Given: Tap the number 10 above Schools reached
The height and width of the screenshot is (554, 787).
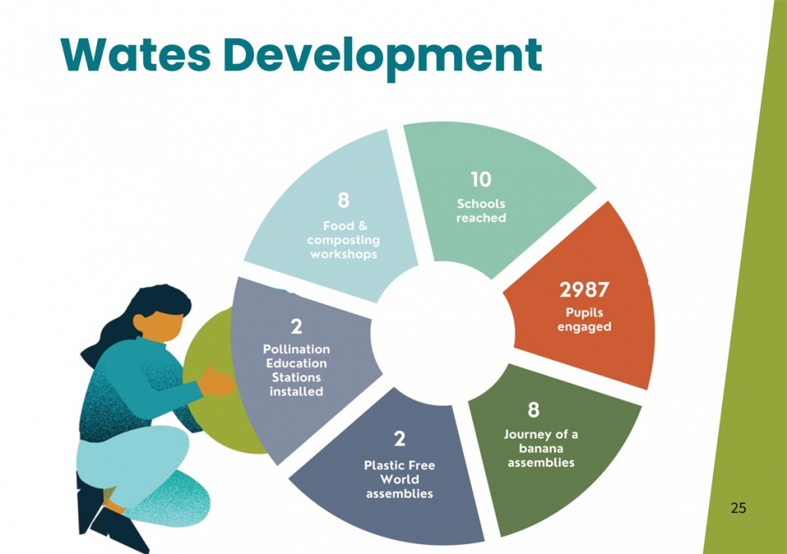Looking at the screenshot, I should pos(481,180).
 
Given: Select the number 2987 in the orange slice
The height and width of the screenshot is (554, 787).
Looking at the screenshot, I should pos(584,290).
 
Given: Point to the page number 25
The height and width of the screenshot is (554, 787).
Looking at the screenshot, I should pos(738,507).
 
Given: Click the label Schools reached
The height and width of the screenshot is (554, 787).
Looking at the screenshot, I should pos(481,211).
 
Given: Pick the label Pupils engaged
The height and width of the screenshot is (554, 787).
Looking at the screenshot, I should pos(585,319).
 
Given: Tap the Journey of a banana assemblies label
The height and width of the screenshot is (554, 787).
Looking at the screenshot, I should pos(541,448).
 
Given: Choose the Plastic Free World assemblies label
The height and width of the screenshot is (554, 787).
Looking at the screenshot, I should pos(399,479).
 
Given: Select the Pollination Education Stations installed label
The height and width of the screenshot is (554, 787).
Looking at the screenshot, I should pos(296,370).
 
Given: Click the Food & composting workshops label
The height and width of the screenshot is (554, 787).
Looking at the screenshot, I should pos(344,239).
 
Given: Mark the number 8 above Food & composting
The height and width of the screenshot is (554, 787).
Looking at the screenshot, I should pos(343,200).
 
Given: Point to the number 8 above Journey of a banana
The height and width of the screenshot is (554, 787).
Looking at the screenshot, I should pos(533,410).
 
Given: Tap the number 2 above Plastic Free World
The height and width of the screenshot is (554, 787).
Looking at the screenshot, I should pos(399,439).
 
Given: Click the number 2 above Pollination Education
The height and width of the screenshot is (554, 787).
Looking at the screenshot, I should pos(296,327).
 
